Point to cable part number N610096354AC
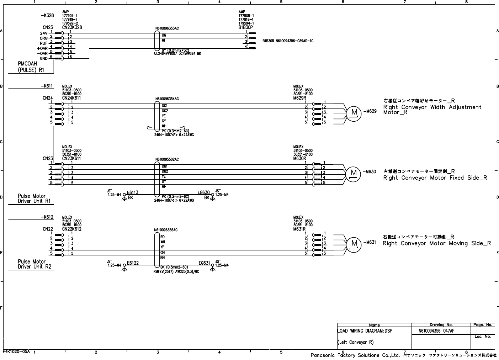click(167, 99)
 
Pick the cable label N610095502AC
click(167, 159)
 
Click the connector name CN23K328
click(72, 27)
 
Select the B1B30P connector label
click(245, 27)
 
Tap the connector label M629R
click(299, 98)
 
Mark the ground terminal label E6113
click(133, 193)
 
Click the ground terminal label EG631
click(204, 263)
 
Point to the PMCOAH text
click(27, 64)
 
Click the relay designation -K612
click(47, 217)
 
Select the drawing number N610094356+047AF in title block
click(436, 331)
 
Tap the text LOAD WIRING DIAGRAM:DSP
click(365, 331)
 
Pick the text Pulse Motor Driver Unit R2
click(32, 264)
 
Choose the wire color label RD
click(163, 237)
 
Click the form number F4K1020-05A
click(17, 351)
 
